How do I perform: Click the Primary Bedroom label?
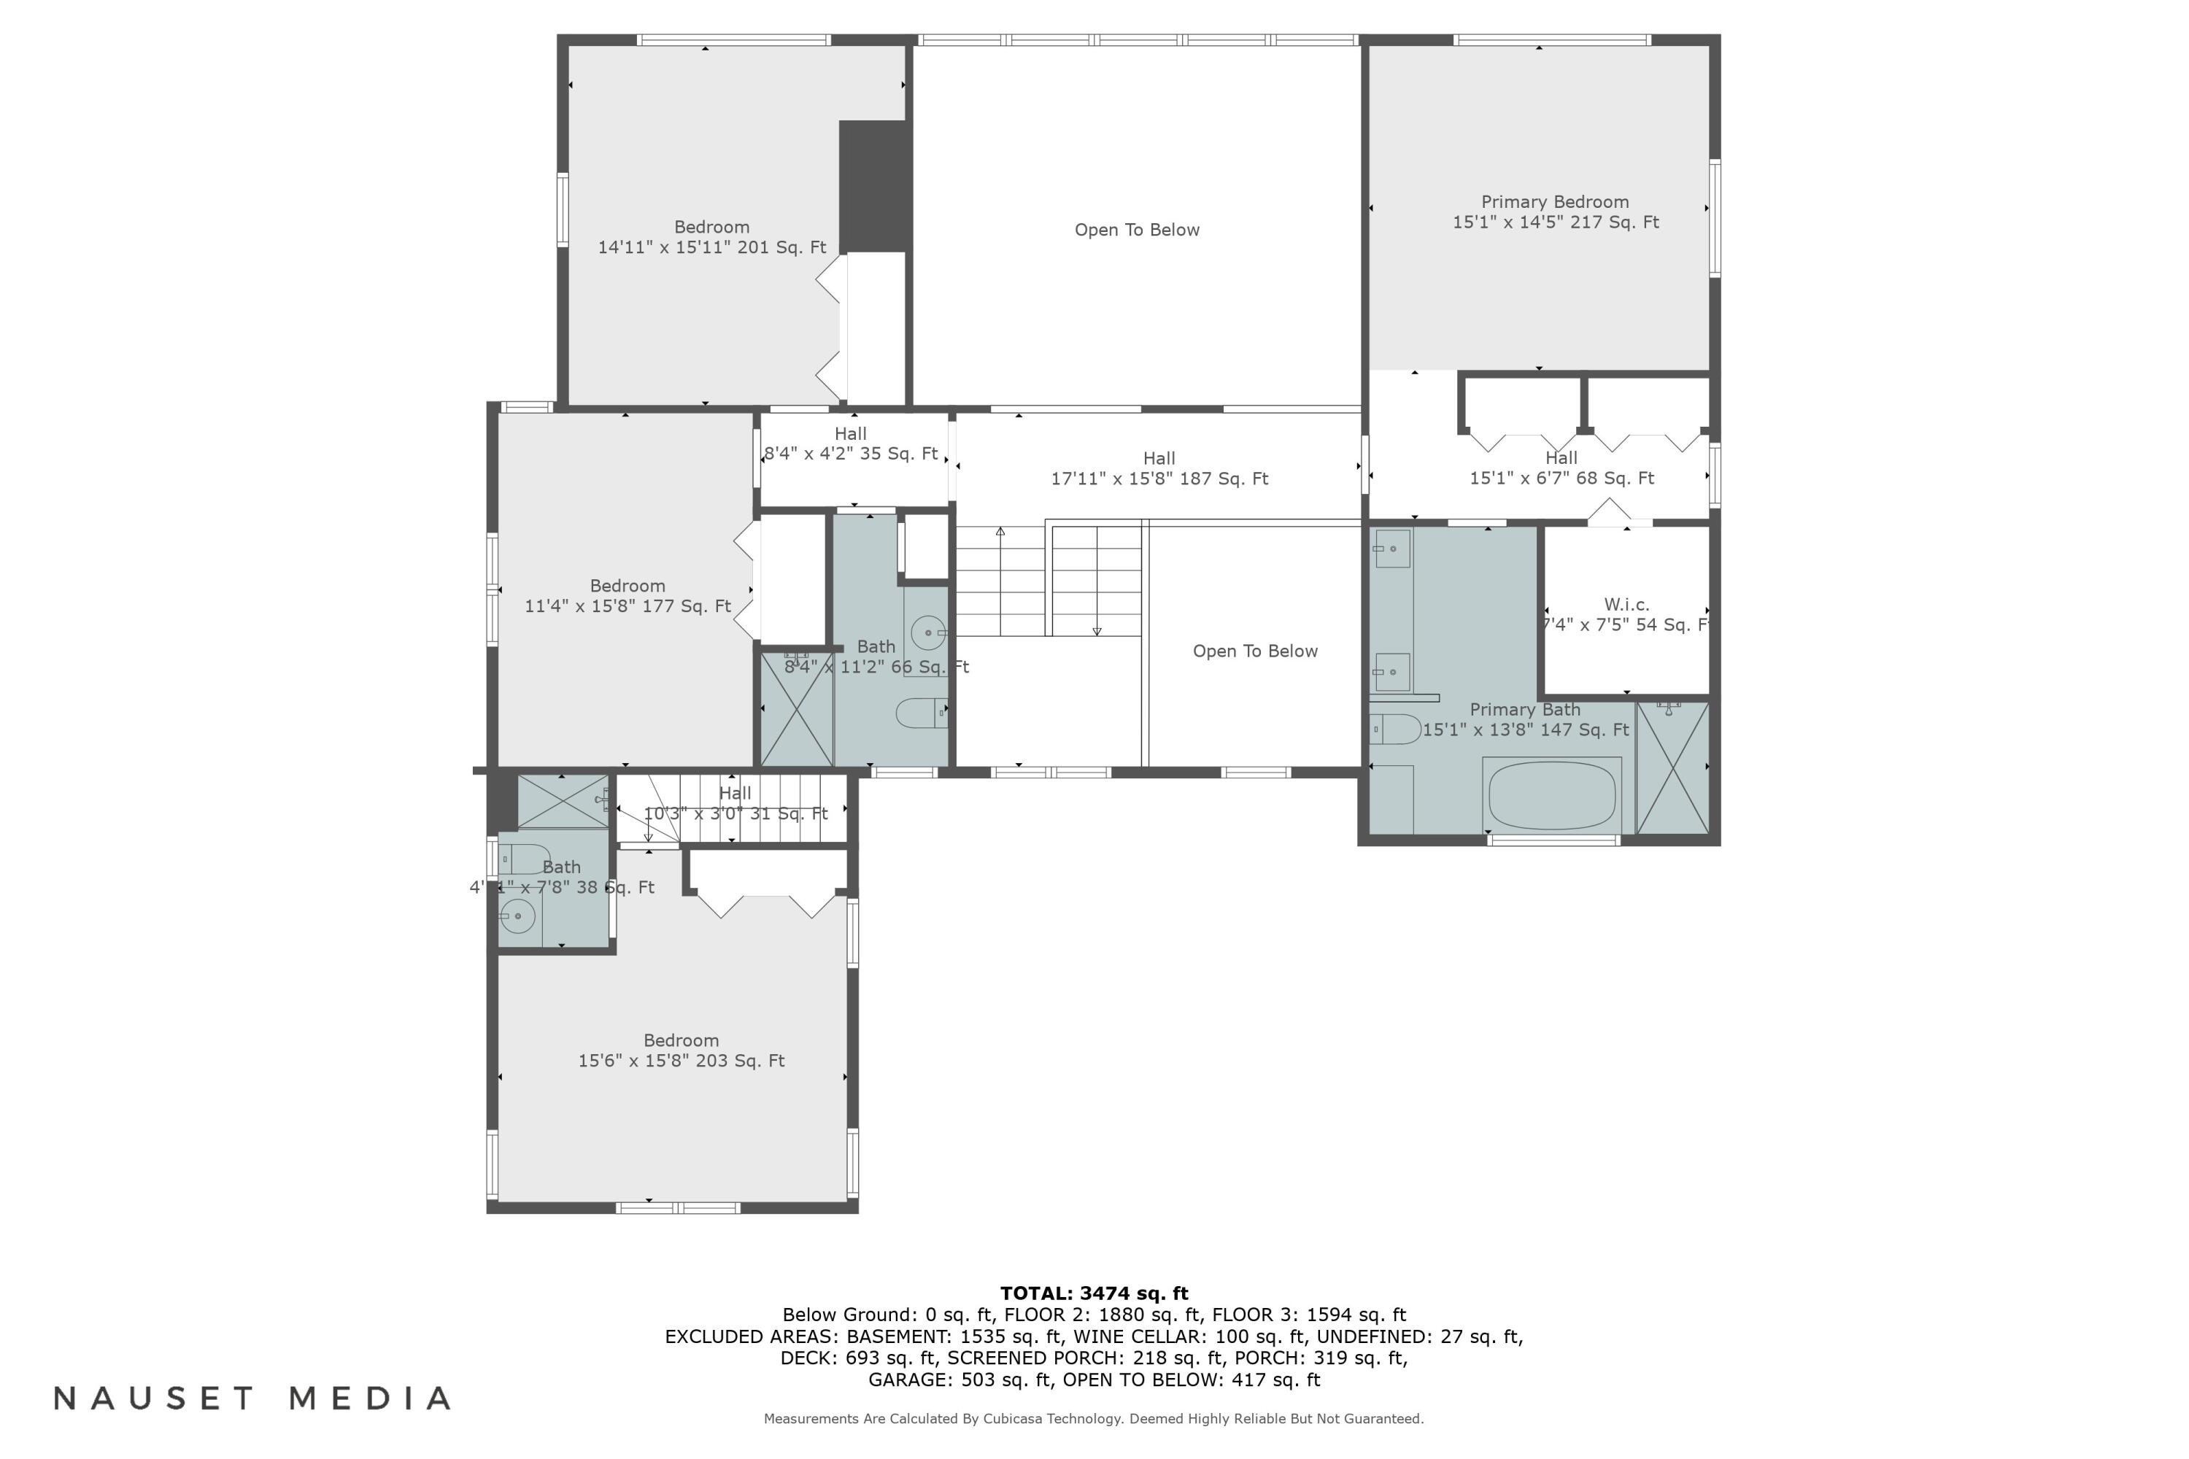(x=1555, y=212)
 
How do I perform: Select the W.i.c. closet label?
(x=1626, y=614)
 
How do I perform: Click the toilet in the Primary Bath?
(x=1395, y=729)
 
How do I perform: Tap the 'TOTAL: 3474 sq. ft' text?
(x=1094, y=1293)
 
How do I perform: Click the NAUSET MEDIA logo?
(x=252, y=1398)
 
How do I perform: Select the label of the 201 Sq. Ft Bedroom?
(x=712, y=237)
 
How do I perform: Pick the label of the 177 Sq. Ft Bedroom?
(x=628, y=595)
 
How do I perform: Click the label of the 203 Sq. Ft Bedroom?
(x=682, y=1050)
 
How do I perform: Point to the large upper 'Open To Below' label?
(x=1136, y=230)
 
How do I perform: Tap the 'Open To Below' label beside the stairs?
(x=1254, y=651)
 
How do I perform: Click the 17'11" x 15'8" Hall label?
(x=1159, y=468)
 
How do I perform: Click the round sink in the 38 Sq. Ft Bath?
(x=517, y=916)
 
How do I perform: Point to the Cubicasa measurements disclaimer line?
(x=1094, y=1419)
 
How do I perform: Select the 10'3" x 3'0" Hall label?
(x=736, y=803)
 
